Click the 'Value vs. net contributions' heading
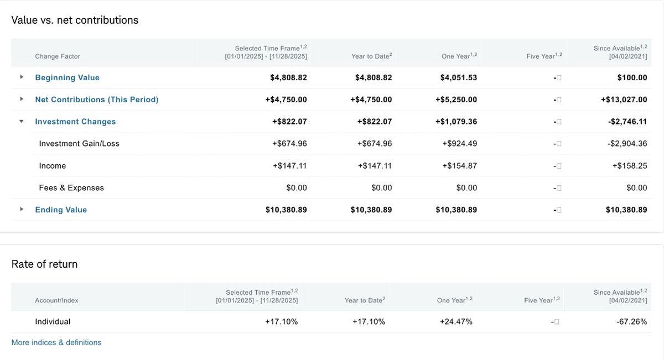[75, 20]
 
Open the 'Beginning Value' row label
[67, 77]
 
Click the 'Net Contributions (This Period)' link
[96, 100]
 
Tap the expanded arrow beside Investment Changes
[22, 121]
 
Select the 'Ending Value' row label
[61, 210]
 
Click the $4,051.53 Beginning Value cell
[458, 77]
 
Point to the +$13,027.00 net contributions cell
[624, 100]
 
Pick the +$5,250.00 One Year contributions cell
[455, 100]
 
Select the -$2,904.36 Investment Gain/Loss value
[627, 144]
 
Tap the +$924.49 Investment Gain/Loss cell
[459, 144]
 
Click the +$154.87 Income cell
[459, 166]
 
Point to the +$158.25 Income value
[629, 166]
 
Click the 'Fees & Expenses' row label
[71, 188]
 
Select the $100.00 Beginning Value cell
[632, 77]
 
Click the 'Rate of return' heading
[44, 264]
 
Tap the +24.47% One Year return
[456, 321]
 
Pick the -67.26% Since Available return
[631, 321]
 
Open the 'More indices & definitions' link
[56, 342]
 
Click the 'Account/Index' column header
[56, 300]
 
